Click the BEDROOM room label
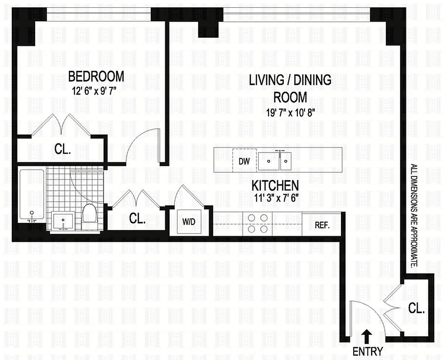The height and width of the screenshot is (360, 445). coord(96,76)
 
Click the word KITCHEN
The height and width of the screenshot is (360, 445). coord(275,185)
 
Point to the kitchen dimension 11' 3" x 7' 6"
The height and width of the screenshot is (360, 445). coord(275,197)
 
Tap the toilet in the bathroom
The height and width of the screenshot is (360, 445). coord(90,213)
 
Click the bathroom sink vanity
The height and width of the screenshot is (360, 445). coord(64,221)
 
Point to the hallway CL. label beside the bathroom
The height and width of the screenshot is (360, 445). coord(137,219)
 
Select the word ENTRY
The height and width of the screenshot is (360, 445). coord(368,351)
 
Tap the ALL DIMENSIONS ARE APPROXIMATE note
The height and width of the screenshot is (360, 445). coord(413,216)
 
